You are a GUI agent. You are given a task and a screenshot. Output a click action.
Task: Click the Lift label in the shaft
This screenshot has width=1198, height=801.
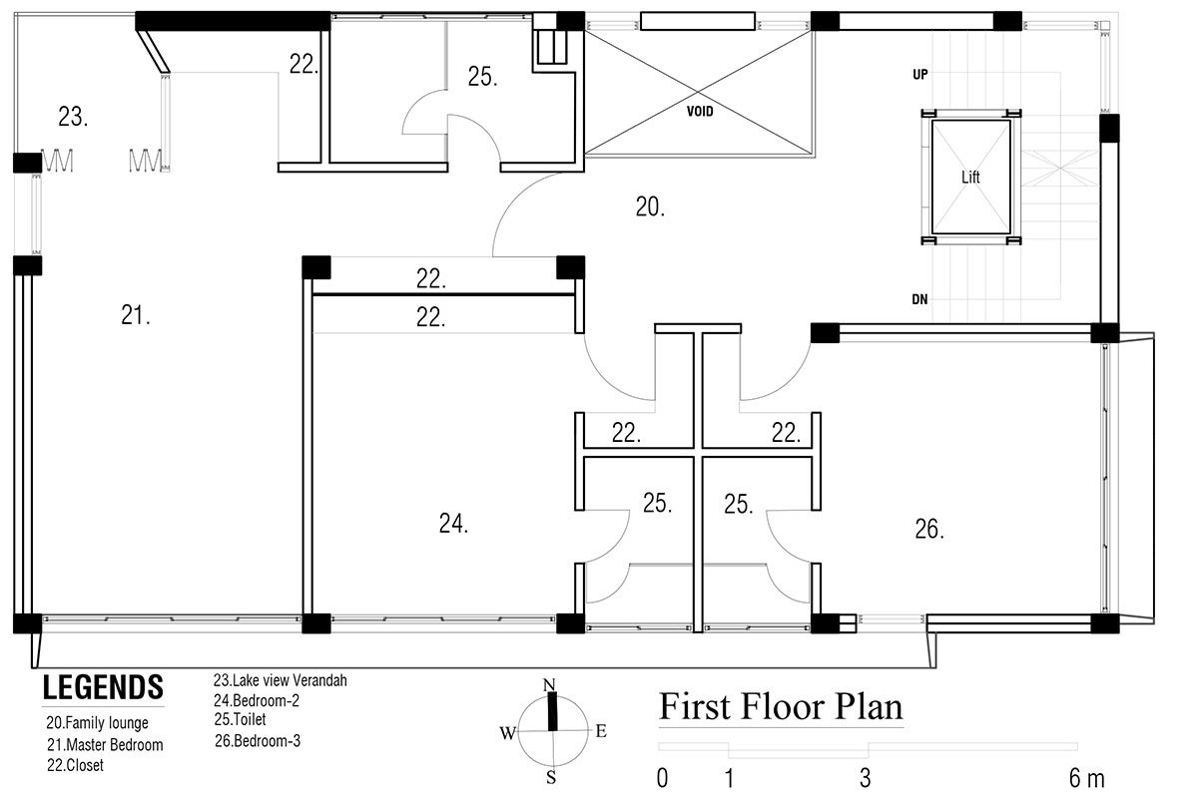(970, 177)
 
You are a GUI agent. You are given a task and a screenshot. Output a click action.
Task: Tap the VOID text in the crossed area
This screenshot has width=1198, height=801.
(700, 111)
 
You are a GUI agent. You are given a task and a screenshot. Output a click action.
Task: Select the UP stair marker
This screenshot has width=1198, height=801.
(920, 74)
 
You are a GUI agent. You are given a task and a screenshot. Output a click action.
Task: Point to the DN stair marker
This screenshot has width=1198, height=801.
(919, 299)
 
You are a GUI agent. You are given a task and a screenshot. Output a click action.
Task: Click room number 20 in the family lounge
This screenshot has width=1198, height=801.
(650, 206)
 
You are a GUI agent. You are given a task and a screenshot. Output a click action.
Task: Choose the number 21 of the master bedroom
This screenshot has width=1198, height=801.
(136, 315)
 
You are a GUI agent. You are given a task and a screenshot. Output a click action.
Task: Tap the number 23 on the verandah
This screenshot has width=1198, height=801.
(73, 117)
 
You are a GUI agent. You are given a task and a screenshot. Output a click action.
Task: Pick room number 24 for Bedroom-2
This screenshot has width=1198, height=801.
(453, 523)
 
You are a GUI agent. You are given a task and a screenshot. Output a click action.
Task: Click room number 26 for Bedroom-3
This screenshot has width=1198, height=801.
(929, 529)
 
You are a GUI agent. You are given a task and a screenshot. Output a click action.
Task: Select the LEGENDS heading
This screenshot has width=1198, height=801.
(103, 687)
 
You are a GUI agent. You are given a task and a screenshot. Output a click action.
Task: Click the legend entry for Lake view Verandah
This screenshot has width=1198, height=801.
(281, 680)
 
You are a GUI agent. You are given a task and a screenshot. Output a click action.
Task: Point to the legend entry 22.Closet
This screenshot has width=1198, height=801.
(76, 765)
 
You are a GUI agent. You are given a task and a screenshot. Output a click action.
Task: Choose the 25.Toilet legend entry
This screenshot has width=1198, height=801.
(241, 719)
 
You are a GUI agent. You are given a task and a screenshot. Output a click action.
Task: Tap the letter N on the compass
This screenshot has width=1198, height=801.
(549, 684)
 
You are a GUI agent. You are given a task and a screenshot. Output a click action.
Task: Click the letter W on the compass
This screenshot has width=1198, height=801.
(508, 733)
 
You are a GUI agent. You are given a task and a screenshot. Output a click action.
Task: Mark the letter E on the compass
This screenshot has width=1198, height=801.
(601, 731)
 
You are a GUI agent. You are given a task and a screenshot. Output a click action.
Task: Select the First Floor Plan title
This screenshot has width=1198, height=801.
(781, 706)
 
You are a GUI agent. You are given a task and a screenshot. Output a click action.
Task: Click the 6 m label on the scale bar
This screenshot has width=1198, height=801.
(1087, 778)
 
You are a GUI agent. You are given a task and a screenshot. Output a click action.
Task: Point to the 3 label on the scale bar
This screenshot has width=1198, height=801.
(866, 779)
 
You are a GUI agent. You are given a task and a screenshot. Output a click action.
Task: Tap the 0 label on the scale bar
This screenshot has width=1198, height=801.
(662, 779)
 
